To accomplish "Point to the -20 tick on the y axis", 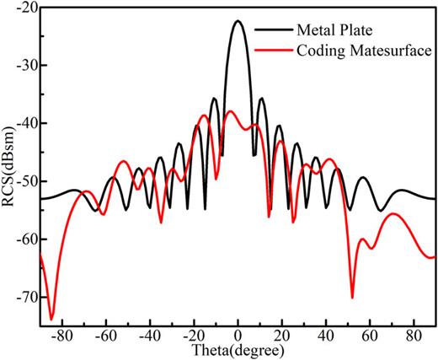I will click(x=26, y=8).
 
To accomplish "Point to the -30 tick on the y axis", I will click(x=26, y=66).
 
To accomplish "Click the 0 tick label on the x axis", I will click(x=238, y=336).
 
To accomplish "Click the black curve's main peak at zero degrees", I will click(x=238, y=21).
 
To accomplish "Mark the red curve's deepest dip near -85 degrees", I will click(x=51, y=320).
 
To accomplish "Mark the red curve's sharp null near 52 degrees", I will click(x=352, y=297).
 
